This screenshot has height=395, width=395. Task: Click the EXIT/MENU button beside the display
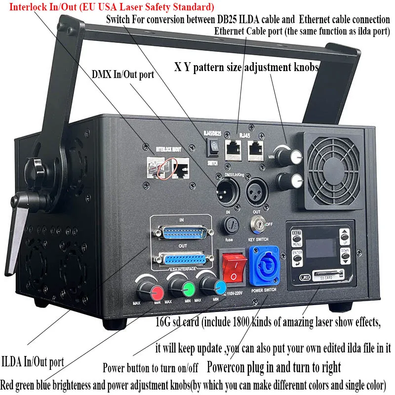297,237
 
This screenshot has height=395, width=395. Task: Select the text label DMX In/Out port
122,75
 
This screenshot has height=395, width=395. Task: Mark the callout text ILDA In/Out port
33,361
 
